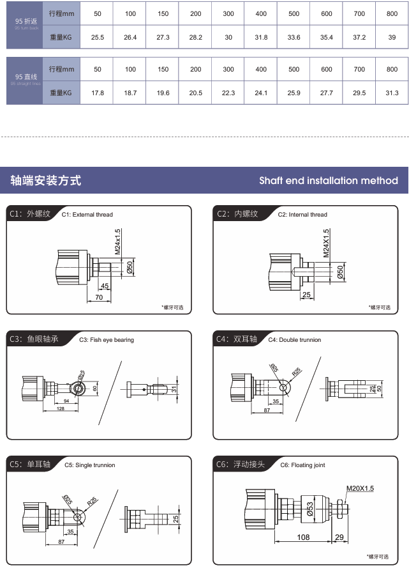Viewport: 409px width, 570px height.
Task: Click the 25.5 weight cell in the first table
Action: click(x=98, y=38)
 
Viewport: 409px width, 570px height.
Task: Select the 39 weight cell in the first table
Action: click(x=392, y=38)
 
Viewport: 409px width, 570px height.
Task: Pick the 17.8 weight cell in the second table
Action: click(x=98, y=93)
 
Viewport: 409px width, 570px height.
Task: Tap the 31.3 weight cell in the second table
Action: click(x=392, y=93)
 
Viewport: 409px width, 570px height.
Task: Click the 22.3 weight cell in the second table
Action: click(x=228, y=93)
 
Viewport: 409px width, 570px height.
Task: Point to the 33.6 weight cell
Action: click(x=294, y=38)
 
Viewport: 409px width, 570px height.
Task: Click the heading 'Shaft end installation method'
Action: click(x=328, y=181)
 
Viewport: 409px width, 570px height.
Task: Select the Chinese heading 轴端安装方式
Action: click(x=46, y=181)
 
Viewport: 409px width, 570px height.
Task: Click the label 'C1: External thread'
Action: click(x=87, y=215)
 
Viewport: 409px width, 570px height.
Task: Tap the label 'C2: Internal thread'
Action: click(x=302, y=215)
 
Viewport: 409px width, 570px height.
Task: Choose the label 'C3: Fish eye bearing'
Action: click(x=107, y=340)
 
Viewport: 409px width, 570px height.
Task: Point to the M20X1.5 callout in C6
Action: click(x=360, y=489)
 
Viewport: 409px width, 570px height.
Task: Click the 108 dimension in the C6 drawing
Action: click(x=303, y=537)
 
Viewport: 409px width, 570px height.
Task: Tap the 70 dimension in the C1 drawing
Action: click(x=99, y=297)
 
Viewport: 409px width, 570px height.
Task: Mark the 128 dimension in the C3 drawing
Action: click(x=60, y=408)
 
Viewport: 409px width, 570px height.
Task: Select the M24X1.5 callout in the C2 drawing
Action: click(x=326, y=243)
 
